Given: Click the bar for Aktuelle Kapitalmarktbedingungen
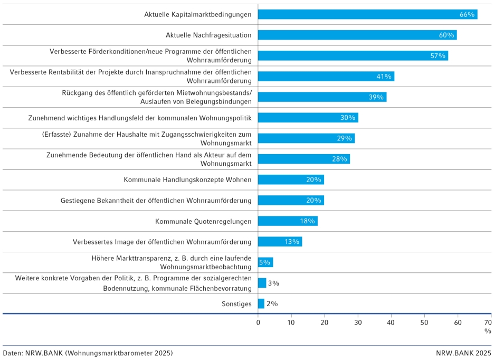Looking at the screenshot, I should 367,14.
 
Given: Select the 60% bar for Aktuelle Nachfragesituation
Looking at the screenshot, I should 357,35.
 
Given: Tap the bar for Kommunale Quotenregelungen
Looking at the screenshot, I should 288,221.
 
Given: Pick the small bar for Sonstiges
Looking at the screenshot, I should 261,304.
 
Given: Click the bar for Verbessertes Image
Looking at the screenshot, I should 280,242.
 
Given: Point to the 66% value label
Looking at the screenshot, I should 467,14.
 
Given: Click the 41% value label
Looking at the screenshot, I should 384,77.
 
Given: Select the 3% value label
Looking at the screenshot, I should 273,283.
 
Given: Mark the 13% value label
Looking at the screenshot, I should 292,242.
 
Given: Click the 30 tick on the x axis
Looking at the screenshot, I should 358,322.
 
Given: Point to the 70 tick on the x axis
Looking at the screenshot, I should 488,322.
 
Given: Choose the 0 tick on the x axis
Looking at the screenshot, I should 258,322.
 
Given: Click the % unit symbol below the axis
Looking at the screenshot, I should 488,331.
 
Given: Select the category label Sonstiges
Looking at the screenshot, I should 236,304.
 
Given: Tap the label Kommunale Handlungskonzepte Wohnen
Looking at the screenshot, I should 187,179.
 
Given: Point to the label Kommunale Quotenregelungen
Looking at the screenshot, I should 203,221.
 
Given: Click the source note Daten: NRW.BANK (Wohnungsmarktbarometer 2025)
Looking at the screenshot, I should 88,353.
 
